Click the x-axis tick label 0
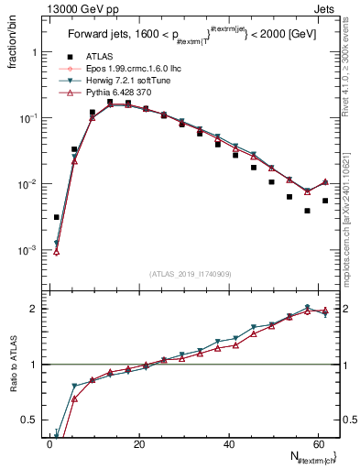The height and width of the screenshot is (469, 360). tap(50, 444)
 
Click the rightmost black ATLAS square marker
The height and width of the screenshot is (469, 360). tap(325, 201)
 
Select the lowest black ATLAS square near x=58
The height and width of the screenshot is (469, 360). tap(307, 211)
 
